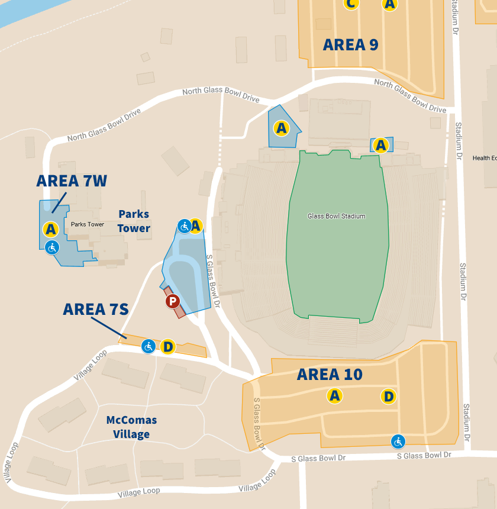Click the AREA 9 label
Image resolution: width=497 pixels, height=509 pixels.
click(350, 44)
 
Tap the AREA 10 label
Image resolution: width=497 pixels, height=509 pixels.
click(330, 374)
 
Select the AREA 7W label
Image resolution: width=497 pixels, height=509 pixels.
click(72, 181)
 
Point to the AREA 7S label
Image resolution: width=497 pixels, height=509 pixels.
click(96, 309)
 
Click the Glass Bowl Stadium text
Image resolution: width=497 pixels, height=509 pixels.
click(336, 216)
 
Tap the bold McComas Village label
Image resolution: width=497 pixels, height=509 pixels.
click(131, 427)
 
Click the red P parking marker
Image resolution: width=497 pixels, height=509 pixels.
click(172, 302)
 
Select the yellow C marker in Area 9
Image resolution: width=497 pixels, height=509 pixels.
click(351, 4)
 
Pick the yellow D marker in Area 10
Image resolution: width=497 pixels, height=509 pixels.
click(389, 396)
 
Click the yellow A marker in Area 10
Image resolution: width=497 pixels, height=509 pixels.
click(335, 396)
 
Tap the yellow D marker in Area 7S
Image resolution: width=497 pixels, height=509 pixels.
click(167, 346)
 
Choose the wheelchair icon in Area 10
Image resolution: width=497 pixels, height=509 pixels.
click(398, 441)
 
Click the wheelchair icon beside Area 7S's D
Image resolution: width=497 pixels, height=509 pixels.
click(149, 346)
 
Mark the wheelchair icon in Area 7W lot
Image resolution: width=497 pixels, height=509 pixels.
click(52, 247)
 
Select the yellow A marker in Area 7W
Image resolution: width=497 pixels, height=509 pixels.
click(50, 229)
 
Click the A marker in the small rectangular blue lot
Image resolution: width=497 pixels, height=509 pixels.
click(381, 145)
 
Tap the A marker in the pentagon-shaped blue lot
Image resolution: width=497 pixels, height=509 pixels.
click(281, 127)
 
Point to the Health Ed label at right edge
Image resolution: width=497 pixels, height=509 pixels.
click(484, 158)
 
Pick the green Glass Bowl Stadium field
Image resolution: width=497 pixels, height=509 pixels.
click(337, 249)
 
